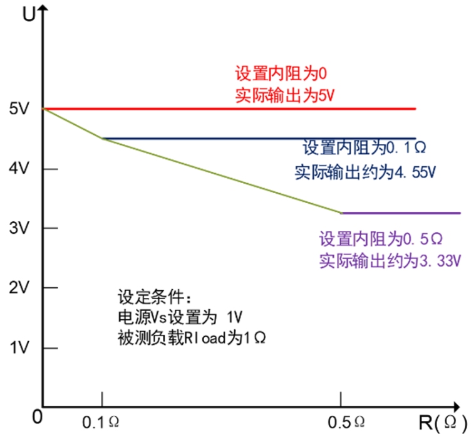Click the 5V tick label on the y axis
pos(19,109)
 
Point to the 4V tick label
pos(19,169)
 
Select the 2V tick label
pos(19,288)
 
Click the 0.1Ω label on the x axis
pos(101,421)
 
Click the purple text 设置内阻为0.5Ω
pos(382,239)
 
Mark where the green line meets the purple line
pos(341,213)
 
